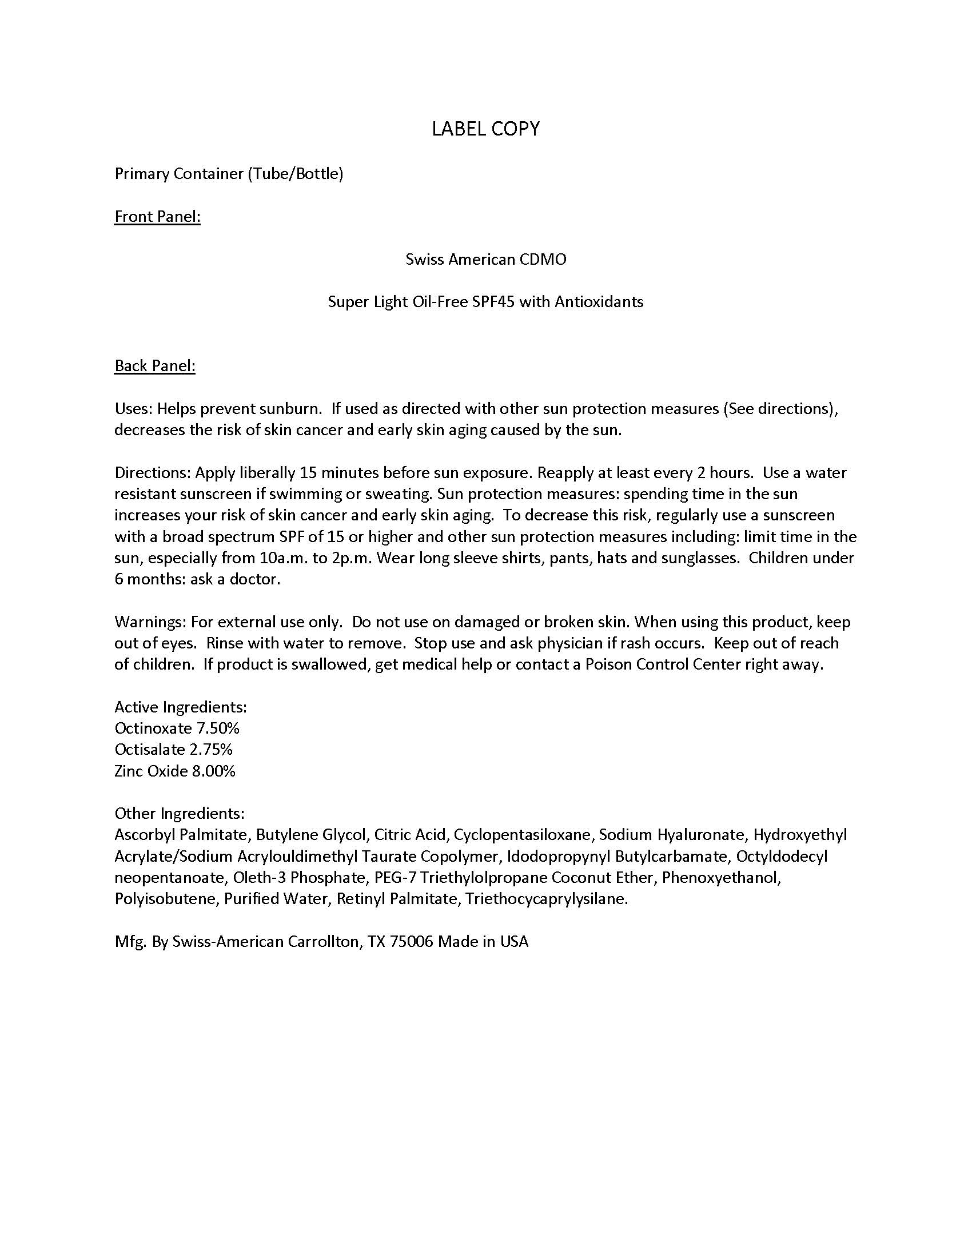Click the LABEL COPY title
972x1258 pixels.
485,129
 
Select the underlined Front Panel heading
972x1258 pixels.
157,217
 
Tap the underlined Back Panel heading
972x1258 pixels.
155,366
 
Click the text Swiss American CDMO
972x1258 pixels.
485,259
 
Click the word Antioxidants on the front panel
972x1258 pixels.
599,302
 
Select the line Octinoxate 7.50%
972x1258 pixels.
177,728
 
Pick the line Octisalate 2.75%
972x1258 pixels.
173,750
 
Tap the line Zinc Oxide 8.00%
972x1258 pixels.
175,771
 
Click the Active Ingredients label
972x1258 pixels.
181,707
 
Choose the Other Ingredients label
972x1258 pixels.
180,814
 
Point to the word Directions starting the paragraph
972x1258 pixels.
152,473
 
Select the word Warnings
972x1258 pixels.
150,622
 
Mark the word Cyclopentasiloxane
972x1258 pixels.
522,835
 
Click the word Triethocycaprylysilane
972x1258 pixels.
547,899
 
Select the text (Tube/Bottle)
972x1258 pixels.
296,174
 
